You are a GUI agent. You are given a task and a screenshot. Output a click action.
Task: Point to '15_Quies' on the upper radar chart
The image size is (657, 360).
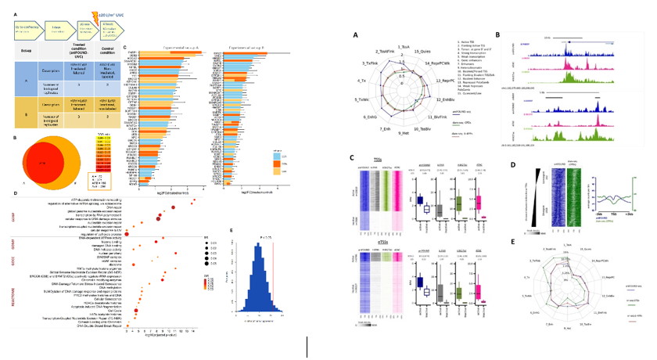coord(422,50)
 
